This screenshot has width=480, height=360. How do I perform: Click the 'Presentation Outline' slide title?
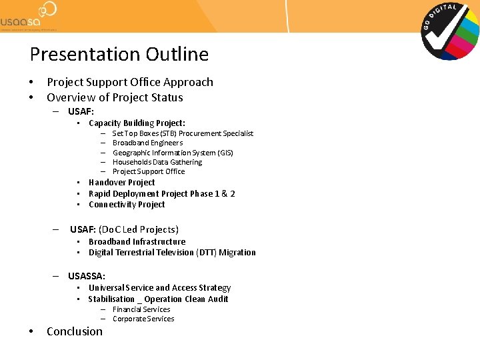click(x=119, y=54)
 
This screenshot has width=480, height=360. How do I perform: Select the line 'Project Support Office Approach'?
click(x=130, y=82)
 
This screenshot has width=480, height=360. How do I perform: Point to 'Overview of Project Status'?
click(x=115, y=97)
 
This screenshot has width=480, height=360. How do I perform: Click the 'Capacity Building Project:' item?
click(x=137, y=123)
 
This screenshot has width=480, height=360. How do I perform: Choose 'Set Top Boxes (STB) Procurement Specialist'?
click(x=183, y=133)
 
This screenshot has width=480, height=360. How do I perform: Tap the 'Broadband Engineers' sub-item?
click(x=147, y=143)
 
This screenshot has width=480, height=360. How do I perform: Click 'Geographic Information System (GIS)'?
click(x=173, y=153)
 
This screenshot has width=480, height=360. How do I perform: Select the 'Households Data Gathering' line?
click(x=157, y=162)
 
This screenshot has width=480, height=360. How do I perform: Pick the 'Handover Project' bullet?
click(x=121, y=183)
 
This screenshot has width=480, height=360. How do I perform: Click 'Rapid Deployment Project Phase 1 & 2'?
click(x=161, y=194)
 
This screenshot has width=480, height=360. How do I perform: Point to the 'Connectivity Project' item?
click(x=127, y=205)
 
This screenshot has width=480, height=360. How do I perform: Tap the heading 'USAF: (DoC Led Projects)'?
click(x=124, y=229)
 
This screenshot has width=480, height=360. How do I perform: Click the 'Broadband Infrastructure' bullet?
click(x=137, y=242)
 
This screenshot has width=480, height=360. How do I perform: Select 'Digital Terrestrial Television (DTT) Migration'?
click(x=172, y=253)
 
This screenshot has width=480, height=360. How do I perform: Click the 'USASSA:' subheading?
click(x=87, y=276)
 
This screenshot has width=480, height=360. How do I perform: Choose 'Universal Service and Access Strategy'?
click(x=159, y=288)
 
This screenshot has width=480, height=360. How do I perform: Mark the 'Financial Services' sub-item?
click(x=141, y=309)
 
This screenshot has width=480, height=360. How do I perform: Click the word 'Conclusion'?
click(x=75, y=331)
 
